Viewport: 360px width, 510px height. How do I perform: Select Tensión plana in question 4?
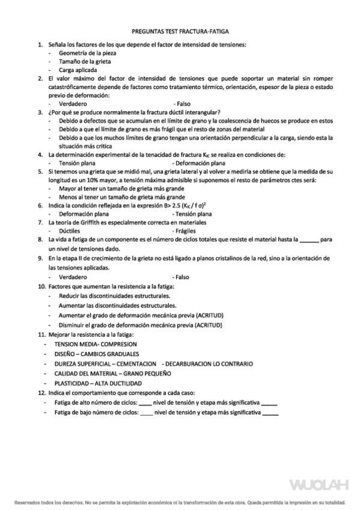(78, 162)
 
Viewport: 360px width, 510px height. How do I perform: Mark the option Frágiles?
(183, 230)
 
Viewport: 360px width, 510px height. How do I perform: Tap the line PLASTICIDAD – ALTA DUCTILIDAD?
(98, 382)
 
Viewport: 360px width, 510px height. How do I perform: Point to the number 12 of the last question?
(41, 392)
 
